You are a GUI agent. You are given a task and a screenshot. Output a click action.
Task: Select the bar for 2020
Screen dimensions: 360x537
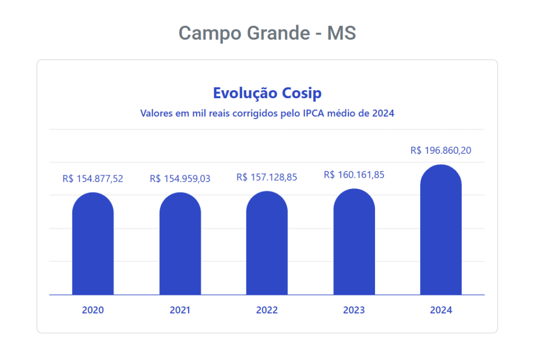coord(93,244)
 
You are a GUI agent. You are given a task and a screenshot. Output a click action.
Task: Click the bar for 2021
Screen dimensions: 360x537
coord(180,244)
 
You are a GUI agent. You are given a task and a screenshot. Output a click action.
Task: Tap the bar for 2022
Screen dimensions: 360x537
coord(267,243)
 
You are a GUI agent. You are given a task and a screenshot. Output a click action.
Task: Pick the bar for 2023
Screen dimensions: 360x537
coord(354,242)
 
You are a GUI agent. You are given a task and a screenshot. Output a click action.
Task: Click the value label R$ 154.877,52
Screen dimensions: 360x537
coord(93,178)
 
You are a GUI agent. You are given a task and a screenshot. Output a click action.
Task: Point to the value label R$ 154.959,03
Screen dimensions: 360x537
coord(180,178)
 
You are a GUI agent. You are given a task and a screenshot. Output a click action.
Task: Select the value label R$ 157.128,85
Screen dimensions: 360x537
coord(267,177)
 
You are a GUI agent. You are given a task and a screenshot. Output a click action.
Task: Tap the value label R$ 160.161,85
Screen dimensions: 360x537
coord(354,175)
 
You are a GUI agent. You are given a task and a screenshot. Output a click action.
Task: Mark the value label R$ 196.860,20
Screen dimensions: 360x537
coord(441,151)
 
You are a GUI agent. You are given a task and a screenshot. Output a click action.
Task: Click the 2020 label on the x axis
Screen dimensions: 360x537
coord(93,310)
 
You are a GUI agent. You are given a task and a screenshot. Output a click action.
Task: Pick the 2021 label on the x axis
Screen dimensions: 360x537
coord(180,310)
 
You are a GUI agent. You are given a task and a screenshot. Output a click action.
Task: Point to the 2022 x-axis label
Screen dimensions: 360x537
coord(267,310)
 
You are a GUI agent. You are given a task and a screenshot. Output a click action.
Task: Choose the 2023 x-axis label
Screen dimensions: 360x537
coord(354,310)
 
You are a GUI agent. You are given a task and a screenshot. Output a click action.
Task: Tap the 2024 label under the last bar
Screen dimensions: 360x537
coord(441,310)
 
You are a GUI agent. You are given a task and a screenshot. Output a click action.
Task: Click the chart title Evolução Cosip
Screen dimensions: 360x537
coord(267,93)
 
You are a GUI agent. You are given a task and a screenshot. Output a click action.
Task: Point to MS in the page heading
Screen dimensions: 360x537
coord(341,33)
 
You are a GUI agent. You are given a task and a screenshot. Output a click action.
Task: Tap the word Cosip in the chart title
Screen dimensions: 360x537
coord(302,93)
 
